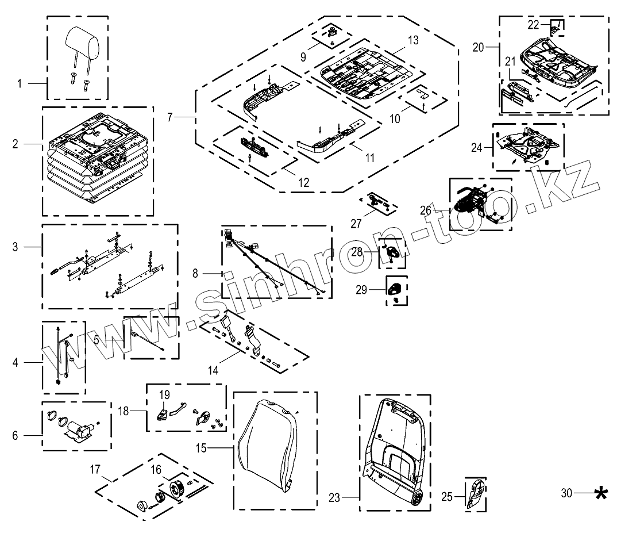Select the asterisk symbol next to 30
600,493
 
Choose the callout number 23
335,496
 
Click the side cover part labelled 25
475,493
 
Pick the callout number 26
426,210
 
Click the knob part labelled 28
392,252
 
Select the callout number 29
361,290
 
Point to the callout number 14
213,370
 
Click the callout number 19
165,395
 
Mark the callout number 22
533,25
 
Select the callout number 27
356,224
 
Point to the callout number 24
476,147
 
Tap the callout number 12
303,183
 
